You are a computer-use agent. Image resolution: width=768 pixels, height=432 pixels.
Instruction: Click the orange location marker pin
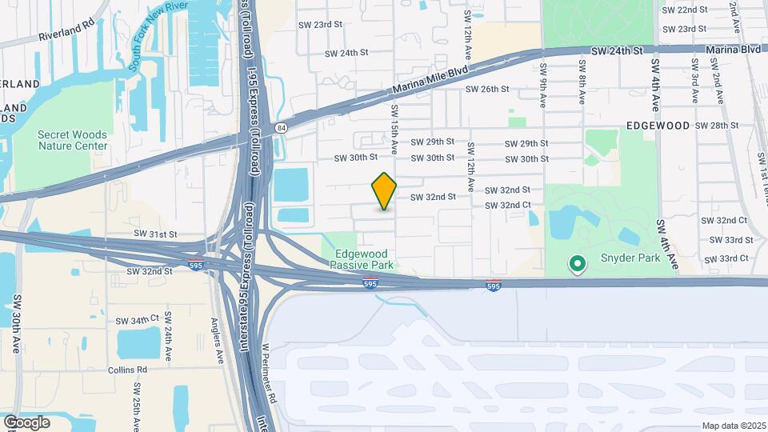pyautogui.click(x=385, y=191)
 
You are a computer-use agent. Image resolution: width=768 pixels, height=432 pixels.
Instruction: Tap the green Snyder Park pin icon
pyautogui.click(x=576, y=263)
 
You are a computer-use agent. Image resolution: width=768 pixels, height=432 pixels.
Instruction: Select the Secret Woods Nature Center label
pyautogui.click(x=72, y=140)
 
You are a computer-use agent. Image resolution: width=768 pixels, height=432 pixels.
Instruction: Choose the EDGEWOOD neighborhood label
pyautogui.click(x=658, y=126)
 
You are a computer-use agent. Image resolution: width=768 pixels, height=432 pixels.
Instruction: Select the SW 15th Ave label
pyautogui.click(x=394, y=128)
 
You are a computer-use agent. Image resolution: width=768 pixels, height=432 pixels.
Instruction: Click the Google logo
pyautogui.click(x=26, y=422)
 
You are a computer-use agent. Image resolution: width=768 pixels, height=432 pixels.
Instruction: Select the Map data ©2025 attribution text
pyautogui.click(x=734, y=426)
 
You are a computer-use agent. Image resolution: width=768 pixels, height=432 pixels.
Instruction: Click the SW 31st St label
pyautogui.click(x=154, y=234)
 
